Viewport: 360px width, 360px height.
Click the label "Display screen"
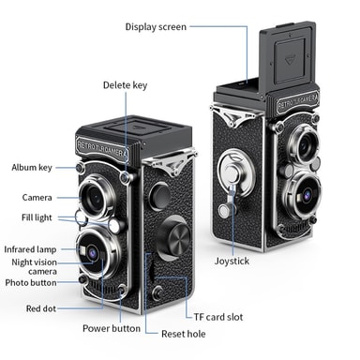pos(156,27)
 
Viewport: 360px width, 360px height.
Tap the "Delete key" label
pos(125,85)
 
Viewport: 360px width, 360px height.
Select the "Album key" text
pos(32,168)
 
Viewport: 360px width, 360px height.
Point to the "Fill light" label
pos(37,217)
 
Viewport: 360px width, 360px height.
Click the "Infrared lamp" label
pos(30,249)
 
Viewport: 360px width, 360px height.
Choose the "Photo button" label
pos(31,283)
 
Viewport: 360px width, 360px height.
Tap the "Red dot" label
pos(41,308)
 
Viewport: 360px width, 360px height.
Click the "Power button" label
pos(112,328)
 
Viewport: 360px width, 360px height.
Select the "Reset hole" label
pos(184,334)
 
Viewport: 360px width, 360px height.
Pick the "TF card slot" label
pos(218,317)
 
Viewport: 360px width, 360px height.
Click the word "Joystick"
pos(232,261)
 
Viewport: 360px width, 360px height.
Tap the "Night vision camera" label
pos(35,266)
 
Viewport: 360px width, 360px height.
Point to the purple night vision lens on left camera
pos(93,252)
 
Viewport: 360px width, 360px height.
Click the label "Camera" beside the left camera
pos(37,198)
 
